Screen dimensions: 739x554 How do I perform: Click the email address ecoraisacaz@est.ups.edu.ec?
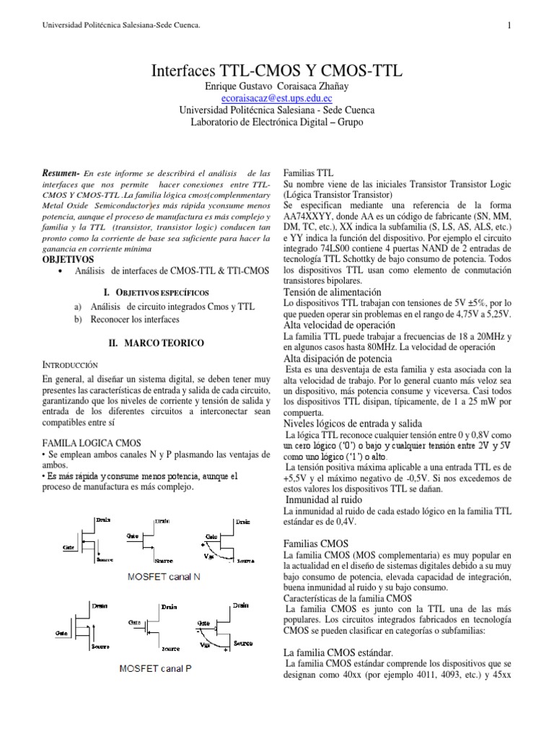click(277, 98)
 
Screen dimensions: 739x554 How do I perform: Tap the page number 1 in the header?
click(509, 26)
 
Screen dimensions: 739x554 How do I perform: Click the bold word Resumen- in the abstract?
click(61, 174)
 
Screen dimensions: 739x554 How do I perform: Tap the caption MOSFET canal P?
click(156, 669)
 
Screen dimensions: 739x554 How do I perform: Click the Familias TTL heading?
click(309, 174)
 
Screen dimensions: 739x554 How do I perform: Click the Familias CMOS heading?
click(317, 542)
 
